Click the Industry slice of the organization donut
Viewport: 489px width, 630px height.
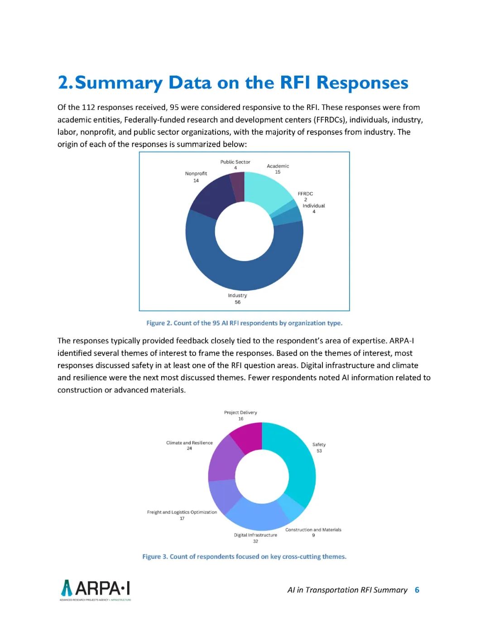click(x=244, y=272)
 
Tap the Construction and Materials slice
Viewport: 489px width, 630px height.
click(x=291, y=507)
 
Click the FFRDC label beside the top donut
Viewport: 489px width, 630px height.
click(x=305, y=194)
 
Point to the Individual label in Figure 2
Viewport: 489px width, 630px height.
click(x=314, y=206)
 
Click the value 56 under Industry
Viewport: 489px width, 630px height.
click(x=238, y=302)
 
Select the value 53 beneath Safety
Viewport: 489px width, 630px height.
click(x=319, y=451)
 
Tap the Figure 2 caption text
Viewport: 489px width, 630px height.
click(x=244, y=323)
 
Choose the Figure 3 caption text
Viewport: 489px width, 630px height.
click(x=244, y=557)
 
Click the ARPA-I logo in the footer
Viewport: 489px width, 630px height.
click(x=96, y=589)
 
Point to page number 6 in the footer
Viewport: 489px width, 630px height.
click(x=417, y=590)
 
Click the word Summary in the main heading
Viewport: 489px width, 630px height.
click(x=119, y=83)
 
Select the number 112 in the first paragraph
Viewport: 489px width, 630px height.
click(x=87, y=107)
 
